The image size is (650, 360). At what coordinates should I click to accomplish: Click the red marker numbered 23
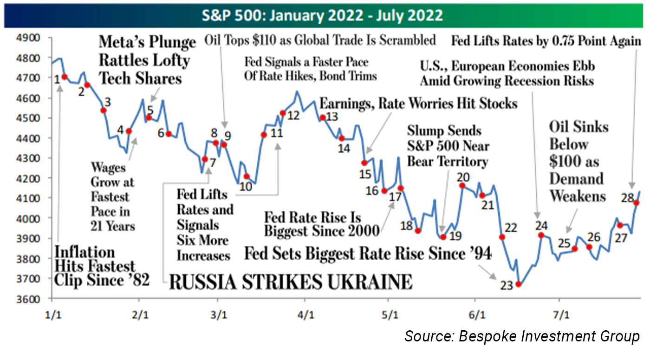click(519, 284)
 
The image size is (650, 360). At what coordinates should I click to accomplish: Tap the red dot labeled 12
click(283, 113)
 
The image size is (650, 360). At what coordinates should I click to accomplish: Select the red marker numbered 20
click(462, 186)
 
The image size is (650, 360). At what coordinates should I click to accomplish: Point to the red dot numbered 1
click(65, 77)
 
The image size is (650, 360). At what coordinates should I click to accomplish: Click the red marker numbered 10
click(247, 177)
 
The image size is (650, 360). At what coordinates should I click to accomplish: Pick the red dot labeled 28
click(637, 203)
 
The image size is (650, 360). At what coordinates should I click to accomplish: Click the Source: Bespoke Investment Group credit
click(522, 336)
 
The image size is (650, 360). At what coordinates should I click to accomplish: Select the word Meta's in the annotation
click(123, 43)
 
